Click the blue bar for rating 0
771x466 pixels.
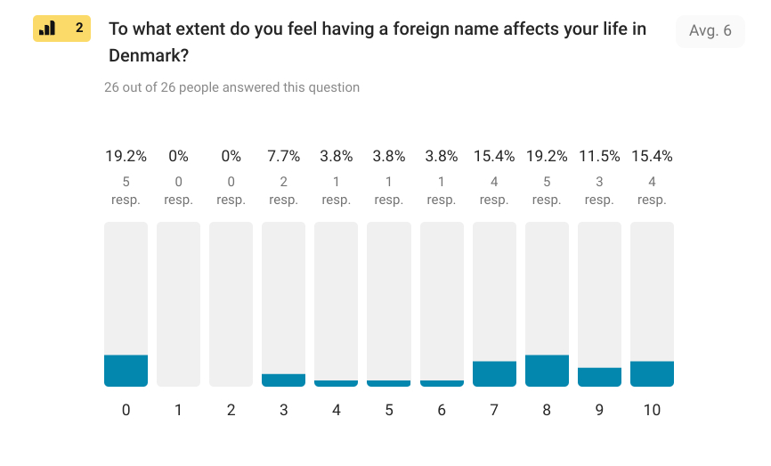coord(126,371)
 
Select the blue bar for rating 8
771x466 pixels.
coord(547,371)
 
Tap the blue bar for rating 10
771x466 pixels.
coord(652,373)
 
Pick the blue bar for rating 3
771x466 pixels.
coord(283,380)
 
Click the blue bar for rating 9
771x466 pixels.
coord(599,377)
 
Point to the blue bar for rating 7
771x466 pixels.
coord(494,373)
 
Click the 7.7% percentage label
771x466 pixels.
coord(283,156)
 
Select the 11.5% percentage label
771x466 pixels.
coord(599,156)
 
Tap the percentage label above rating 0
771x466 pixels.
coord(126,156)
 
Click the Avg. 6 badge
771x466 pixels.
coord(710,31)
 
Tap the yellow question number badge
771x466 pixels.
coord(61,29)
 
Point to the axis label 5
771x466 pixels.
coord(388,411)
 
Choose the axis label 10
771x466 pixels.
coord(652,411)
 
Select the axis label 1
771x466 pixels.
coord(178,411)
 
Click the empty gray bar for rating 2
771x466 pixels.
coord(231,304)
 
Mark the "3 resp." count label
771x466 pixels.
coord(599,191)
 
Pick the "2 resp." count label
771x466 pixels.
coord(283,191)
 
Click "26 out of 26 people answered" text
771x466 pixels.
coord(231,87)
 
